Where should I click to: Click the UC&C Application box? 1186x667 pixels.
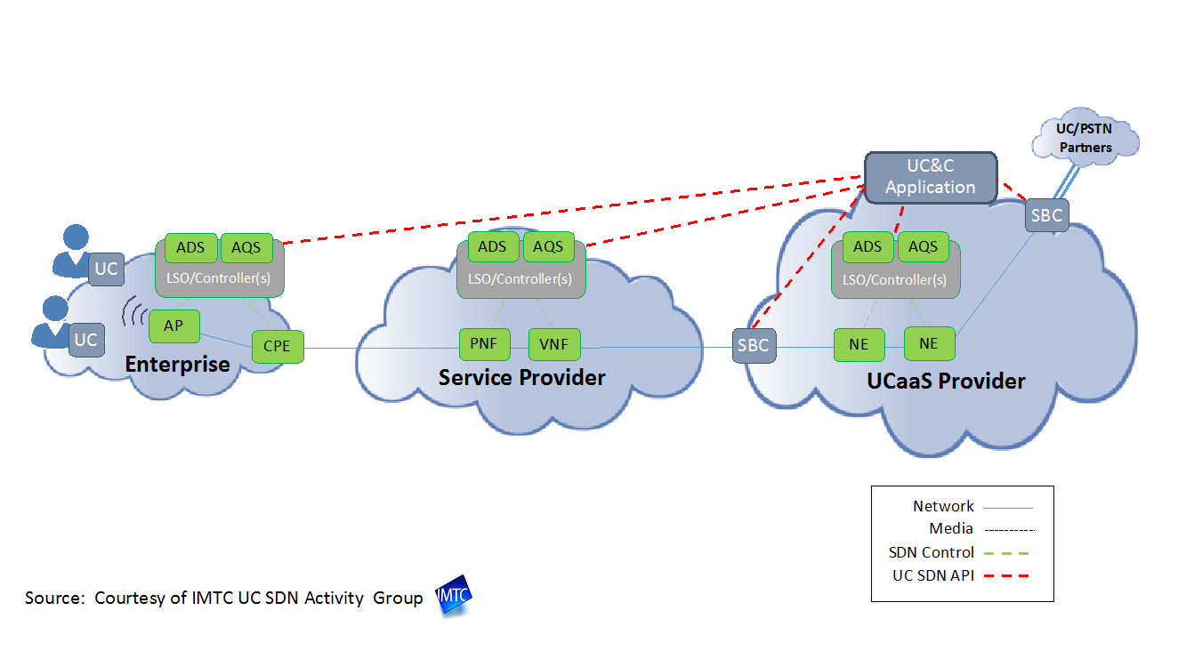tap(931, 178)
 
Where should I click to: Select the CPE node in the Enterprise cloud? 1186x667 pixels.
tap(278, 346)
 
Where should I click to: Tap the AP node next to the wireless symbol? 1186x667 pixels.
tap(173, 326)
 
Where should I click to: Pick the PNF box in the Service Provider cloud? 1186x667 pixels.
tap(483, 344)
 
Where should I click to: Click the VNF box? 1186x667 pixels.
tap(554, 344)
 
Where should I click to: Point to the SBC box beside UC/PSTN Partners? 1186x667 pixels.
tap(1045, 214)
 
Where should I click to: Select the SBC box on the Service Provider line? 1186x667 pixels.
tap(753, 345)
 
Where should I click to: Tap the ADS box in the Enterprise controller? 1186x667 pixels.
tap(191, 248)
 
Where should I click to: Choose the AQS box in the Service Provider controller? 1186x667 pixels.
tap(549, 247)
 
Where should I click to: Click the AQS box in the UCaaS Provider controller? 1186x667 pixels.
tap(924, 247)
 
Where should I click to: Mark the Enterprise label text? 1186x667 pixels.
tap(177, 364)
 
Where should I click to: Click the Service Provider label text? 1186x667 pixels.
tap(521, 377)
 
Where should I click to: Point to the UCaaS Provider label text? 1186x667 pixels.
tap(946, 381)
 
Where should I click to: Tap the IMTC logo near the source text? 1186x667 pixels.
tap(454, 599)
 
